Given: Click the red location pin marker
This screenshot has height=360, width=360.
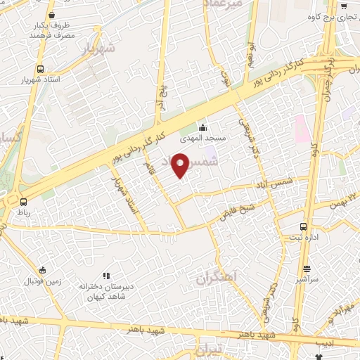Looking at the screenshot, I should click(181, 165).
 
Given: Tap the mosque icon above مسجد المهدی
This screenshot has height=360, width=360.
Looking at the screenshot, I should click(203, 127).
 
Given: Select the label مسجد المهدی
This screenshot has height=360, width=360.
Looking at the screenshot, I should click(205, 139).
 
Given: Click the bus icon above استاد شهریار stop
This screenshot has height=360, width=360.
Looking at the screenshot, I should click(41, 70).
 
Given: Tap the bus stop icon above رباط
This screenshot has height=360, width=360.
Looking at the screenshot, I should click(23, 202).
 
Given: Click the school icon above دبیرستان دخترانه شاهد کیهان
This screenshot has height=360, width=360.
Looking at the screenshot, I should click(106, 276).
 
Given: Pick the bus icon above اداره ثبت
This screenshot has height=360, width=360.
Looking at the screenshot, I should click(303, 226).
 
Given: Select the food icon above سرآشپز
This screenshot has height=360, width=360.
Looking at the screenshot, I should click(307, 269).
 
